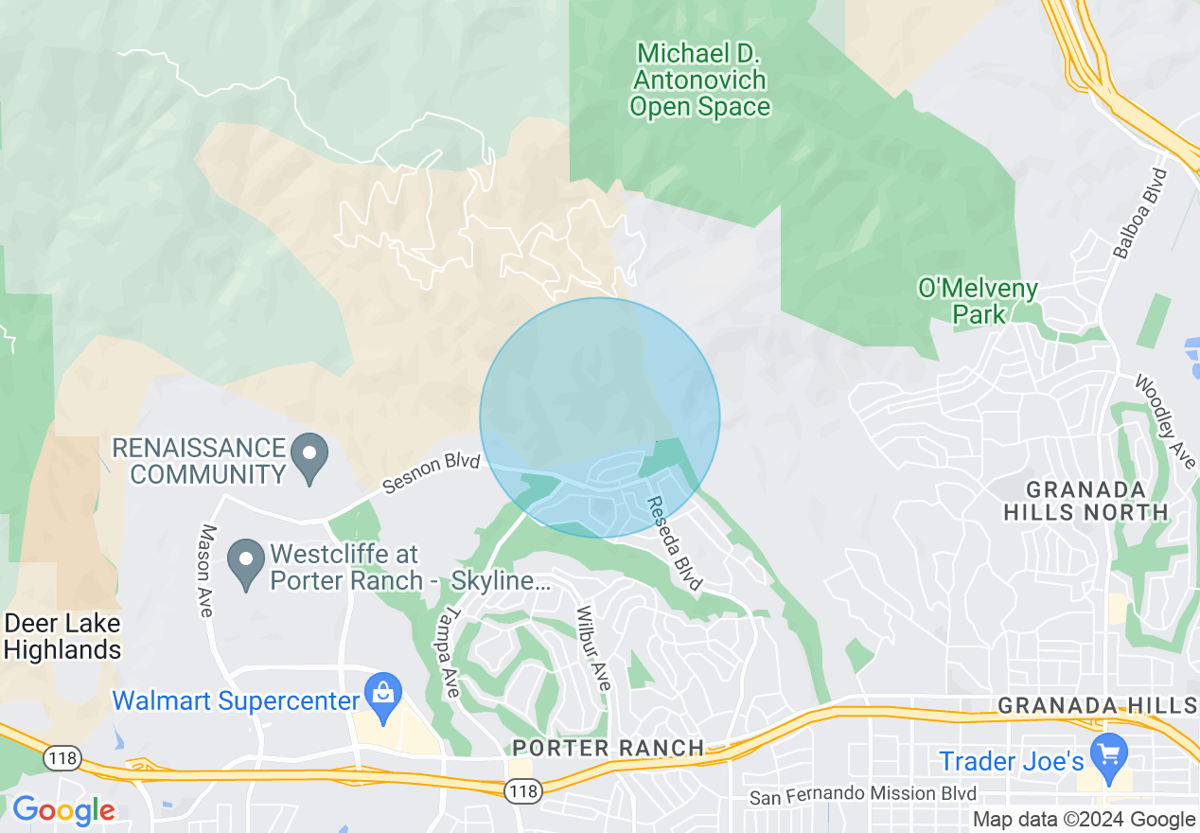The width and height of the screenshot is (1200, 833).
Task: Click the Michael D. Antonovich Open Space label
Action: pos(700,80)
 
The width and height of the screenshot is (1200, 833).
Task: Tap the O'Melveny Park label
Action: pos(978,301)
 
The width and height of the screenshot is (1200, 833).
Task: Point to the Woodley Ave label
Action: pos(1164,422)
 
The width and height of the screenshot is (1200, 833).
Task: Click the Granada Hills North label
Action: pos(1098,501)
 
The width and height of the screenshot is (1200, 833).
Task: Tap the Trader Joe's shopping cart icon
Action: pos(1108,754)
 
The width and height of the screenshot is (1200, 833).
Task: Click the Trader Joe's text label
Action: pos(1011,760)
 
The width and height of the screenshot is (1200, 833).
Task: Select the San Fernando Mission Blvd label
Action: pos(863,796)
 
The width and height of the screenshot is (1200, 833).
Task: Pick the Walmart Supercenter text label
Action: pos(237,701)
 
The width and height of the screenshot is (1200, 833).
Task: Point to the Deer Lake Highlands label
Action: pos(62,637)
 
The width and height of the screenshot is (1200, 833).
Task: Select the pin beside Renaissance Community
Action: pos(309,457)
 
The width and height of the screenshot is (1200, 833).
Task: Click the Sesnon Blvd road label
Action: pos(432,472)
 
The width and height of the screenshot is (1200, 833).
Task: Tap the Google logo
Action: pos(63,811)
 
